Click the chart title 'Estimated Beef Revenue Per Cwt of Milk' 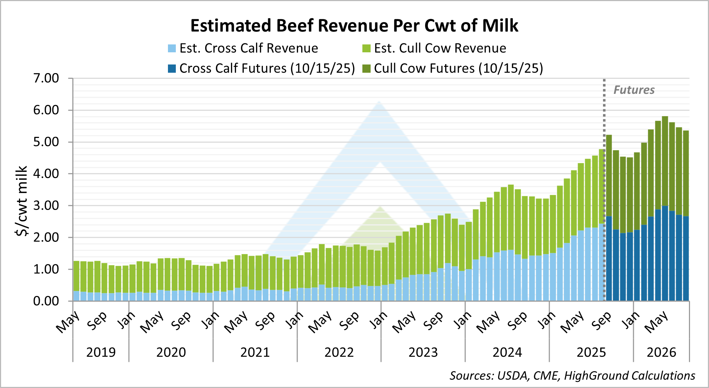click(x=354, y=26)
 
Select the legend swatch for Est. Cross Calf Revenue click(x=172, y=48)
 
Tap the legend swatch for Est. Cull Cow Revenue click(x=366, y=48)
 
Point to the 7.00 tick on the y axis click(x=46, y=78)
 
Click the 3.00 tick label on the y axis click(x=46, y=206)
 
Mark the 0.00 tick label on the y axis click(x=46, y=301)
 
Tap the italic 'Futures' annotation click(x=634, y=90)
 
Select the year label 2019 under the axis click(x=101, y=353)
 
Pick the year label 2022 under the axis click(x=339, y=353)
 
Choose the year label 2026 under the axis click(x=661, y=353)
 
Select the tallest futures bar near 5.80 click(x=665, y=208)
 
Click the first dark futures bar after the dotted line click(x=609, y=219)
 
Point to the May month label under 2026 click(x=656, y=321)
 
